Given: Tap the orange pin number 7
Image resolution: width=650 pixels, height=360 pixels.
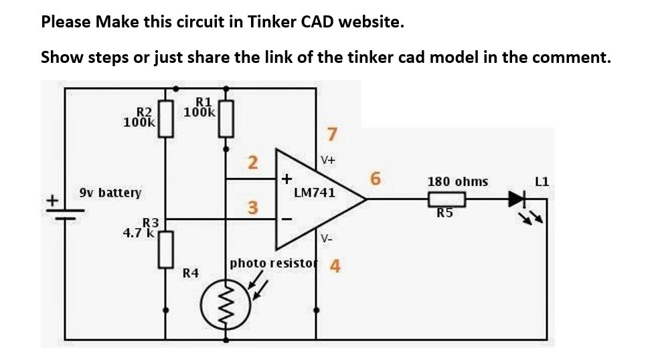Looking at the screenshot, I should [x=330, y=135].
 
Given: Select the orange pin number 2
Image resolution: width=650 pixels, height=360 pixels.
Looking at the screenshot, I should [x=252, y=163].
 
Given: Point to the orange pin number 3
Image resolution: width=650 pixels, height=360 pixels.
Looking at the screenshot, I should [x=252, y=208].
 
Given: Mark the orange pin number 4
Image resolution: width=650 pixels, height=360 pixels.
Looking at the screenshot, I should [x=335, y=266].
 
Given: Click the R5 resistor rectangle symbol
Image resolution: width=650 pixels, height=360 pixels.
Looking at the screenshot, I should [x=446, y=199].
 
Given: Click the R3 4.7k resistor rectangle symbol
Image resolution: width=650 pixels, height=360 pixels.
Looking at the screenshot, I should [x=166, y=250].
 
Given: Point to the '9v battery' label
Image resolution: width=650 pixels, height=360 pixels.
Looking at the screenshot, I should [x=110, y=193].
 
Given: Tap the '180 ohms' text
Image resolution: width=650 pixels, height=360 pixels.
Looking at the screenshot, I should [x=457, y=181].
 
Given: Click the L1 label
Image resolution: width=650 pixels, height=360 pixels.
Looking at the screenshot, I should [x=542, y=181].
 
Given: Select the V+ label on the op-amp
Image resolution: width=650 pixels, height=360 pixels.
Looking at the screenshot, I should [x=328, y=161].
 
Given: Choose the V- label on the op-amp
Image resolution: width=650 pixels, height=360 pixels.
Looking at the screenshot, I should [x=327, y=238].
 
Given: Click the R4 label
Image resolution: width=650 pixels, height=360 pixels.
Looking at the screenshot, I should [x=191, y=273].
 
